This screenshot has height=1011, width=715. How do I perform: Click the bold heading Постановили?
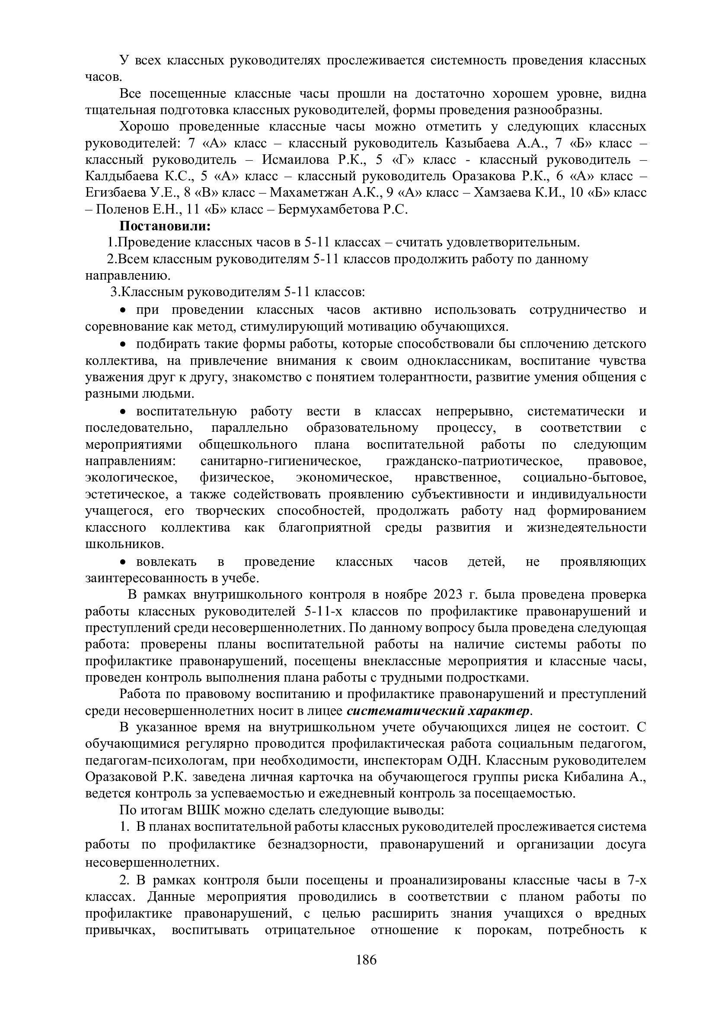pyautogui.click(x=165, y=226)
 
